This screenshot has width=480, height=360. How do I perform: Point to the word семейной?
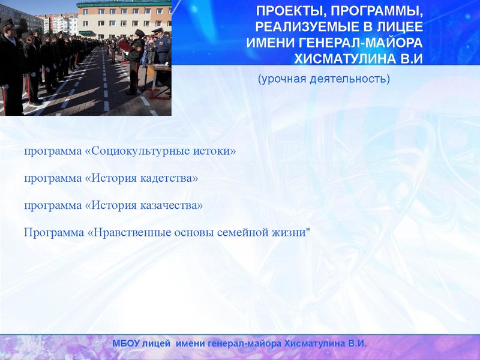244,232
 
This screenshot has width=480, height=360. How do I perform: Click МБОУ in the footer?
126,344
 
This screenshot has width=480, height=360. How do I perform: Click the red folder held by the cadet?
125,46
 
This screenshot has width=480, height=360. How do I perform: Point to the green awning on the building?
88,32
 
